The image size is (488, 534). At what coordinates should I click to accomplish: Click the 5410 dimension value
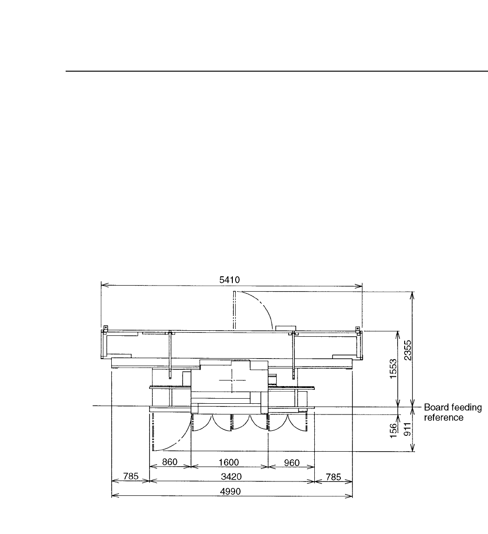coord(230,280)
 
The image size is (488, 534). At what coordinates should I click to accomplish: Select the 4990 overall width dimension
coord(231,491)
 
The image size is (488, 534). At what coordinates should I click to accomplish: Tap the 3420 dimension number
coord(231,477)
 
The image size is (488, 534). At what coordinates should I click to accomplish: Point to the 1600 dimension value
coord(229,462)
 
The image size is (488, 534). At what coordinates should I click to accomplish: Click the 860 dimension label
coord(169,462)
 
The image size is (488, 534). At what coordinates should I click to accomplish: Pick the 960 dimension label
coord(291,463)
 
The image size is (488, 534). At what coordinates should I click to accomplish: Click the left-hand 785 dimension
coord(131,476)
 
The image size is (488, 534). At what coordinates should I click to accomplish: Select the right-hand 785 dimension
coord(333,477)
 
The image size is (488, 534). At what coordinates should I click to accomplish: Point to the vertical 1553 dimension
coord(393,368)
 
